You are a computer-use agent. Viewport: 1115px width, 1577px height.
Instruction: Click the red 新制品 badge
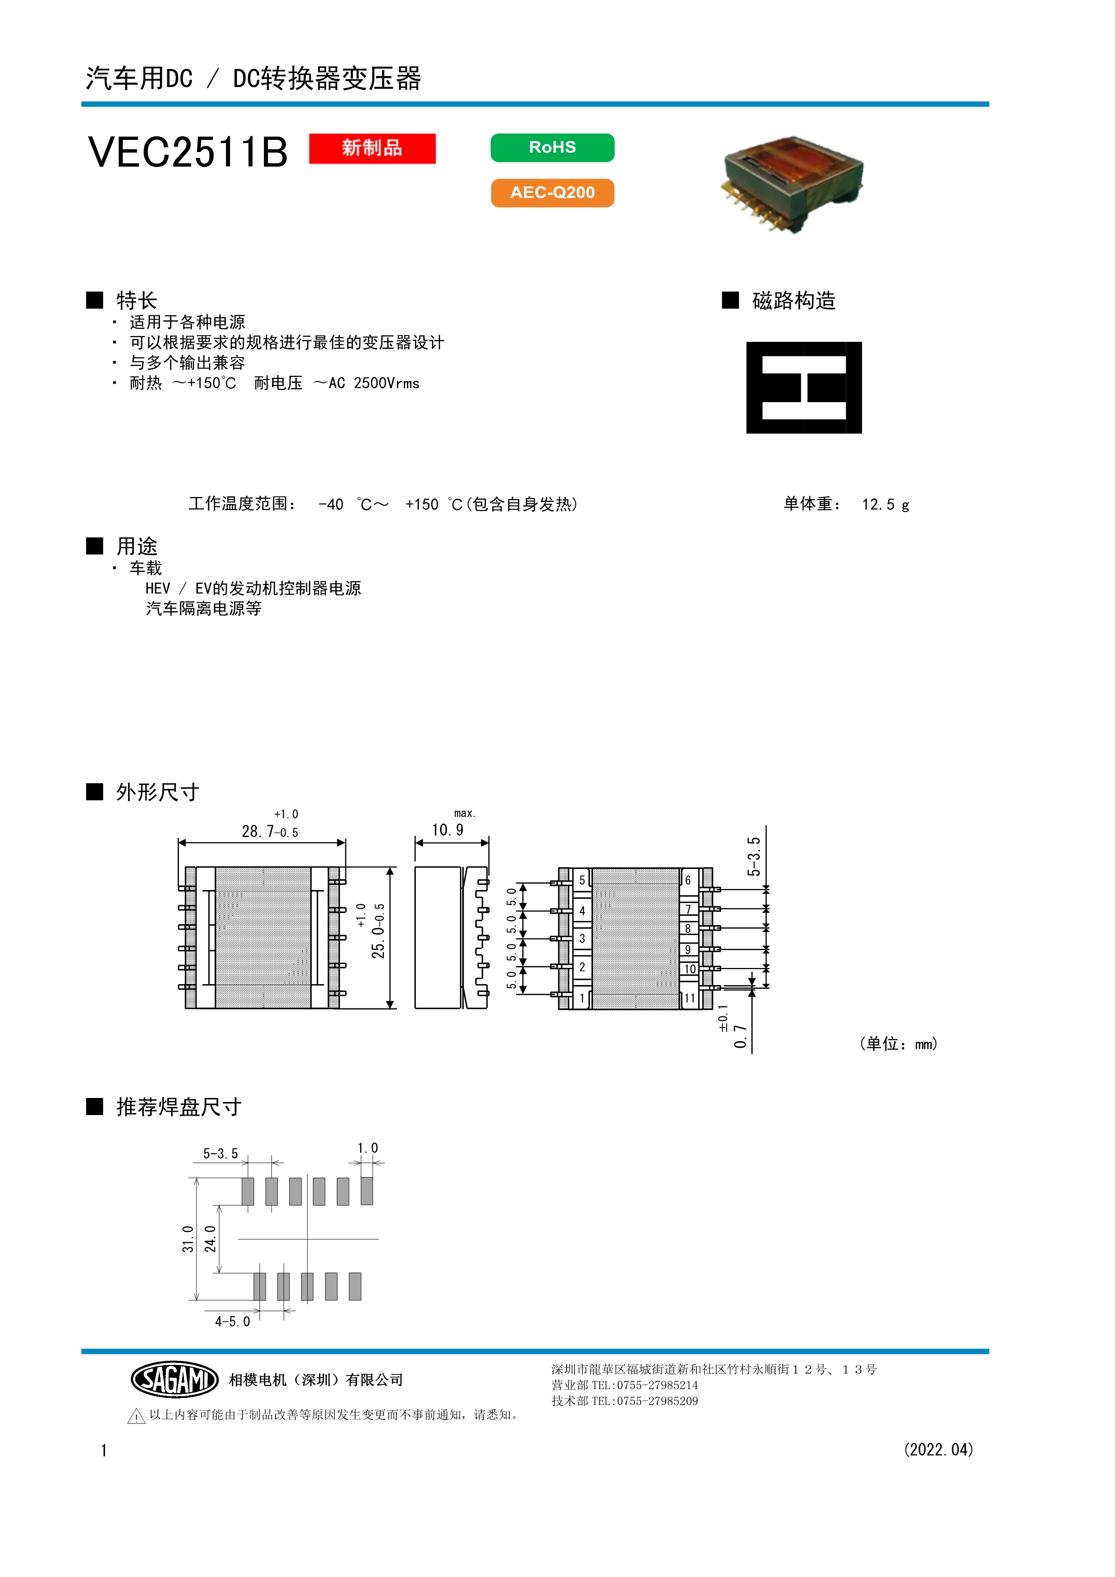pos(372,148)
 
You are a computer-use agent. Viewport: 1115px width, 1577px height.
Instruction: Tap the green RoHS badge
pos(552,148)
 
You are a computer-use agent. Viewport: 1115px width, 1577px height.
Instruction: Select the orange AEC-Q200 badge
pos(552,193)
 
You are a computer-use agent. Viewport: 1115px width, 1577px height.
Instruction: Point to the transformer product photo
pos(793,184)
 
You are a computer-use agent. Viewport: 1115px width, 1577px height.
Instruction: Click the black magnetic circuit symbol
pos(804,387)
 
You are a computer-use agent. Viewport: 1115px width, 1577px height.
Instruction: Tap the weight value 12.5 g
pos(886,505)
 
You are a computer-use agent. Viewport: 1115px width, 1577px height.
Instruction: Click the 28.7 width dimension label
pos(270,831)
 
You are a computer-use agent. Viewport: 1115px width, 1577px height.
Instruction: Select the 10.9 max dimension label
pos(448,830)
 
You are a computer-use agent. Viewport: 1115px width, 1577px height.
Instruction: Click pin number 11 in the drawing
pos(689,998)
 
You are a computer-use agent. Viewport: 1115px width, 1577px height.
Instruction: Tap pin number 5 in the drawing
pos(582,880)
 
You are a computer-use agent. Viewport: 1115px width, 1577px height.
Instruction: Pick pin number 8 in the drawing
pos(688,929)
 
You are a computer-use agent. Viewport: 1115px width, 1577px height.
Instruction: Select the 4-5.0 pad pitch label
pos(233,1322)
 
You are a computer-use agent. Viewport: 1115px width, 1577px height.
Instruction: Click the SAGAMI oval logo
pos(174,1379)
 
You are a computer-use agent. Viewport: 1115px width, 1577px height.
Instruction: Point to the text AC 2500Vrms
pos(374,383)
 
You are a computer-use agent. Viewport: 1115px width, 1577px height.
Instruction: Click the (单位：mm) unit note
pos(899,1044)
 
